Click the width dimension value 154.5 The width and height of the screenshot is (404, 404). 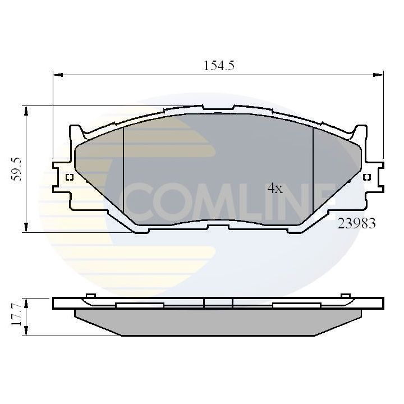pos(218,65)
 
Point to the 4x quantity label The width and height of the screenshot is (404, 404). pos(274,189)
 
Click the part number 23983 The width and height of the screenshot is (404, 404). pos(356,223)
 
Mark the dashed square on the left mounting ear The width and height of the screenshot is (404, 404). pos(70,178)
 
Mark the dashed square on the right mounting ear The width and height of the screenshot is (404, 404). pos(366,178)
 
